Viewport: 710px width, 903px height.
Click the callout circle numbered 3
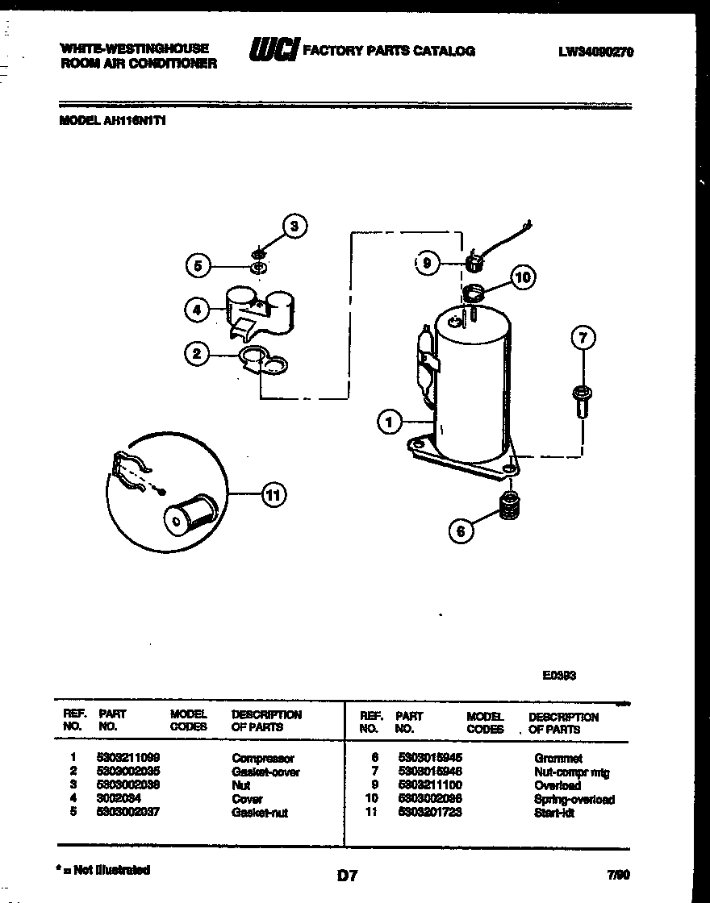[294, 227]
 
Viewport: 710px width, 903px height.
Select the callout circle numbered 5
[197, 265]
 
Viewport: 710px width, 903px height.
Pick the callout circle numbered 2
[195, 352]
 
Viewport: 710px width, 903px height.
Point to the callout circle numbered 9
[428, 263]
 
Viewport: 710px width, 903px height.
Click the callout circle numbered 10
[523, 278]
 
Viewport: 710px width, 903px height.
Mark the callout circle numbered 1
[390, 421]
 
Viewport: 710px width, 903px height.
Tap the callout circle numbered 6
[461, 531]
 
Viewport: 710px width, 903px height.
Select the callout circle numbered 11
[274, 495]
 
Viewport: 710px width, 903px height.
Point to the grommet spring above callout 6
[508, 506]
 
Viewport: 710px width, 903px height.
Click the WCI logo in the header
[274, 50]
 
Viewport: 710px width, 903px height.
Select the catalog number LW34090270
[595, 52]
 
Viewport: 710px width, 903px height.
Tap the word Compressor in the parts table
[263, 758]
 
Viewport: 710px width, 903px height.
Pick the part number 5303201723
[429, 813]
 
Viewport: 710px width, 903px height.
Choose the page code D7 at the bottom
[347, 875]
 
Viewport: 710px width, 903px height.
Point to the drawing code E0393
[559, 677]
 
